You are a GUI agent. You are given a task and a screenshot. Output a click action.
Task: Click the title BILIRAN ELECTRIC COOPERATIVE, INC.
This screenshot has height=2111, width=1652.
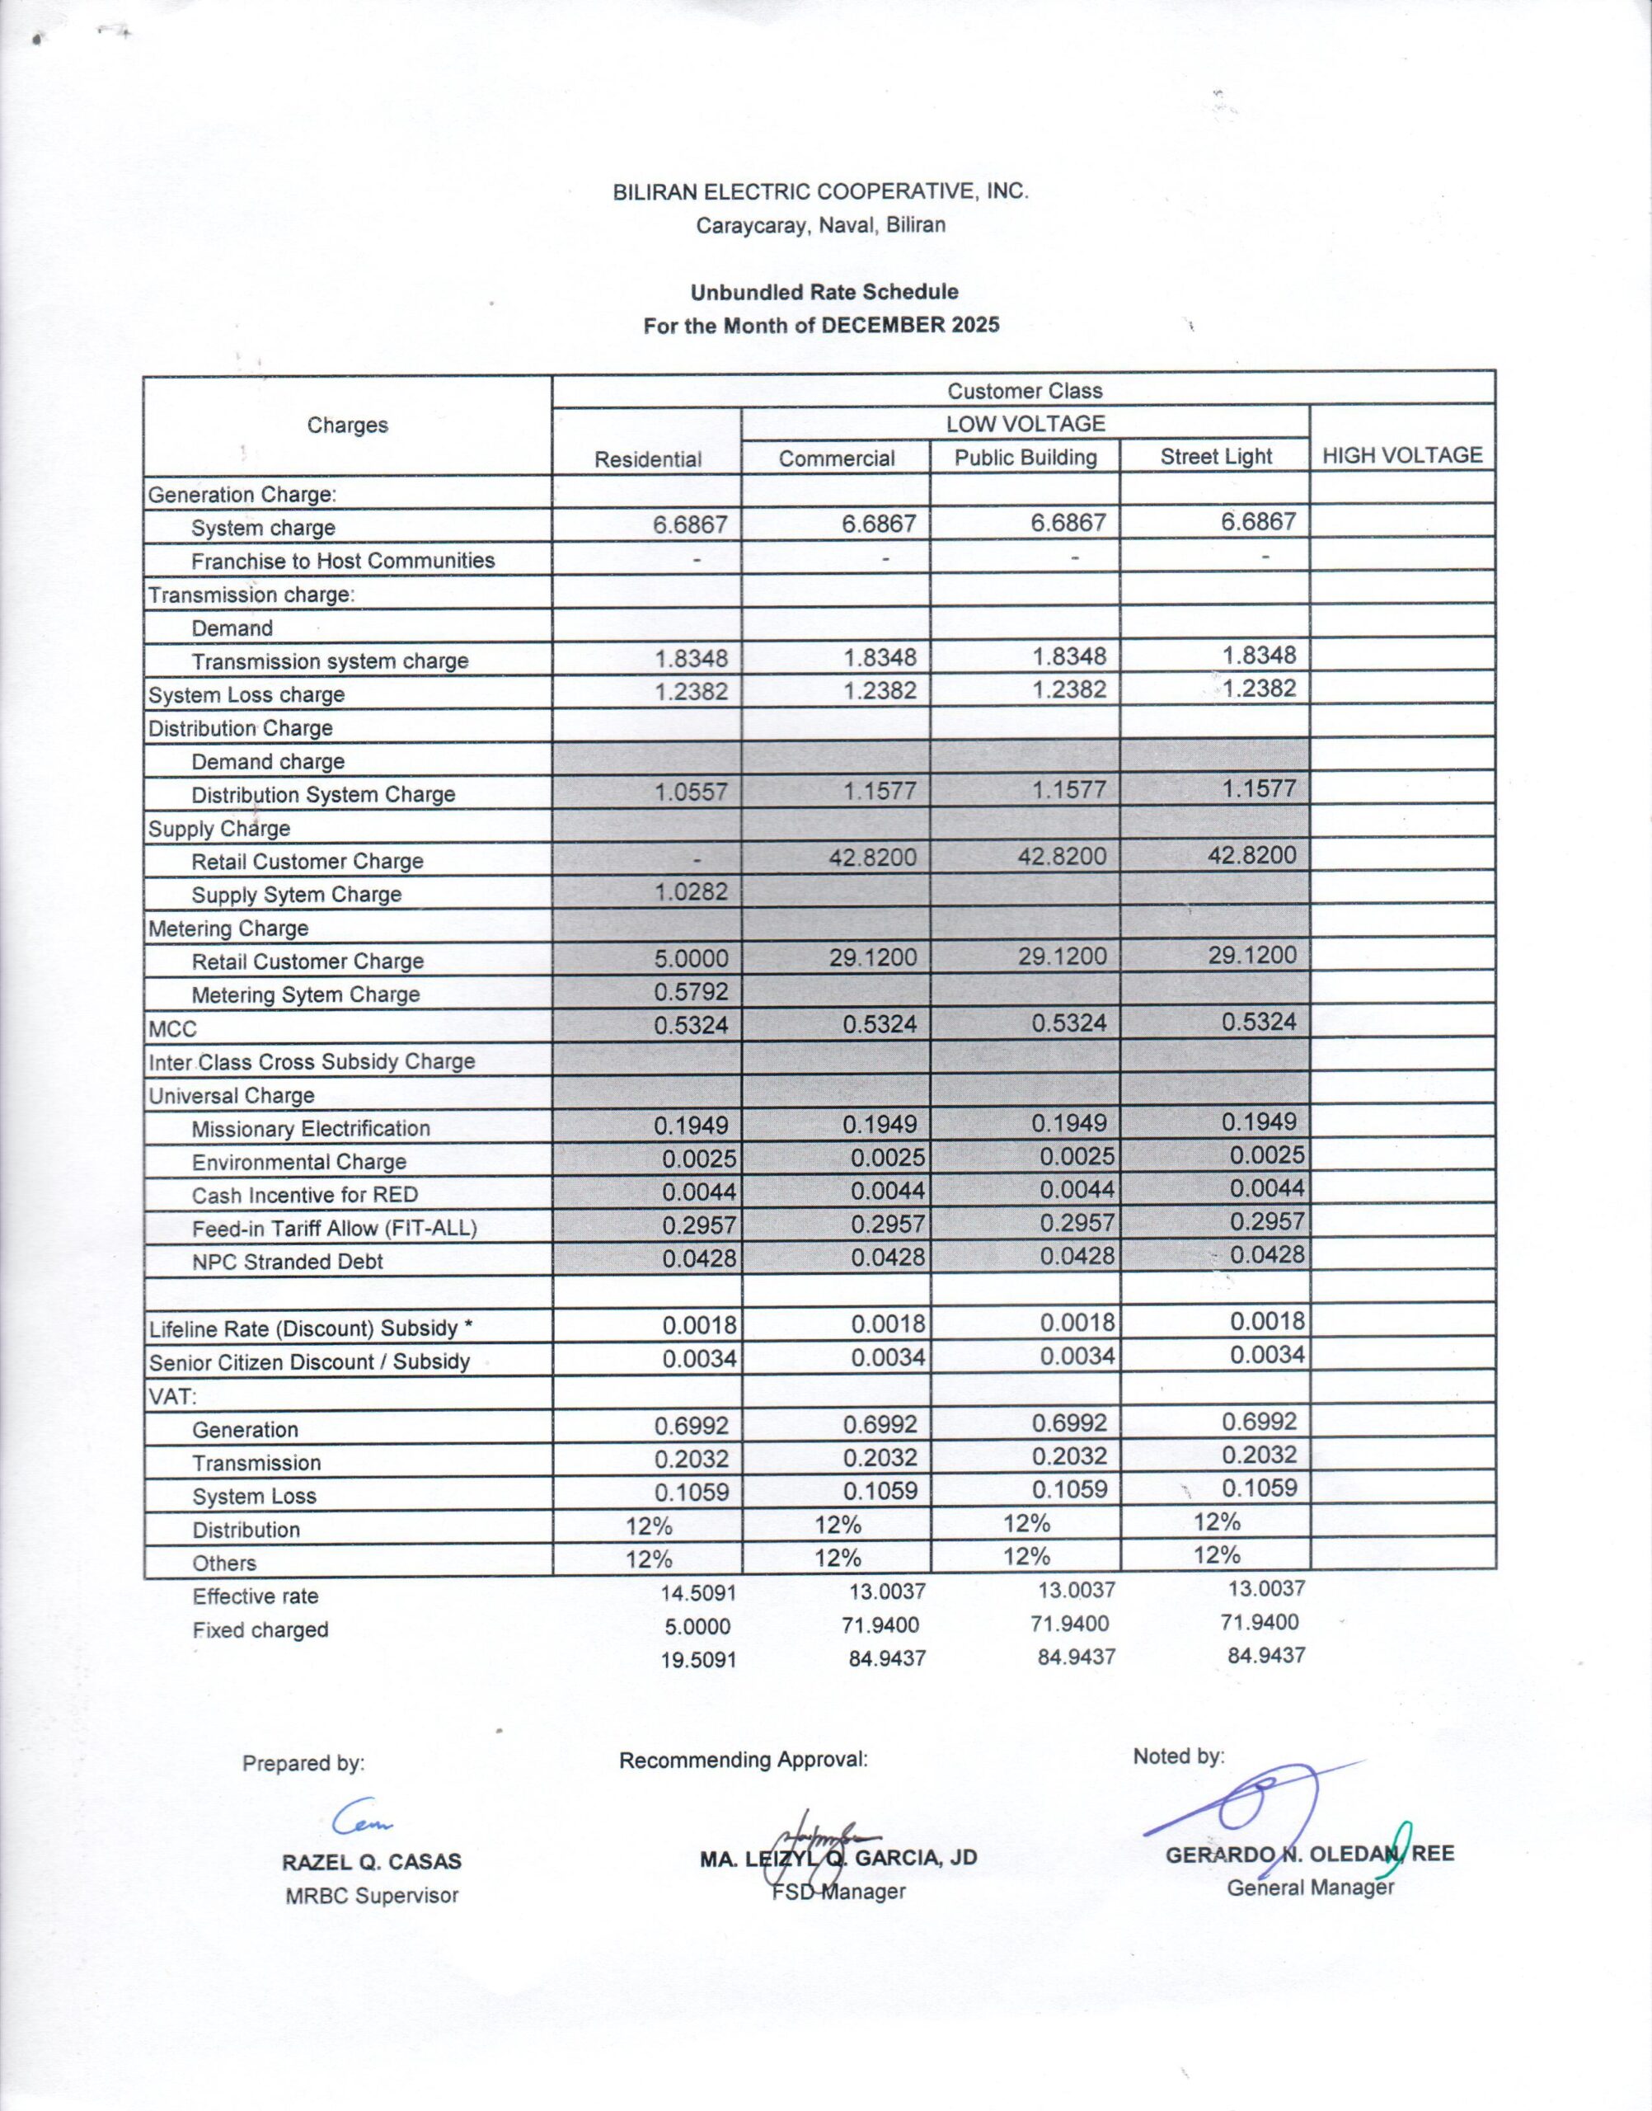(x=820, y=191)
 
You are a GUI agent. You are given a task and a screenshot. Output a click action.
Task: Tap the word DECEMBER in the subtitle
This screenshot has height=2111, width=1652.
(x=883, y=325)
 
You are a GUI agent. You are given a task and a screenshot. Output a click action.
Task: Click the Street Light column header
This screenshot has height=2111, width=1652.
(x=1216, y=457)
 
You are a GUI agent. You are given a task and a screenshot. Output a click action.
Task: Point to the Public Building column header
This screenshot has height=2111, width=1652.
(x=1025, y=458)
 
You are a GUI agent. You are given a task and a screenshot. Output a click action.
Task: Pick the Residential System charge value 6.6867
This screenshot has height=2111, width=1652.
(x=690, y=524)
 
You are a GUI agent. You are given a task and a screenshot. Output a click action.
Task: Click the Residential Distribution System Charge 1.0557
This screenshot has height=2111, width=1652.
(x=690, y=792)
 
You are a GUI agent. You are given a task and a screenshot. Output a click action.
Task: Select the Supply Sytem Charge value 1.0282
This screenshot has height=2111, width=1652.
(x=690, y=891)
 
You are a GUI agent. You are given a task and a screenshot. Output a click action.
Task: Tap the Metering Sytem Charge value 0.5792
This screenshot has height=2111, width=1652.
(x=690, y=992)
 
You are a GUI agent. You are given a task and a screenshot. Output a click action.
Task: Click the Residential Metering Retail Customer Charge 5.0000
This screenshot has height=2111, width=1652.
(x=690, y=959)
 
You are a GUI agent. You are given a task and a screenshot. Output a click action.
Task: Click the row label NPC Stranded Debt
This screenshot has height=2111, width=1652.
(x=287, y=1262)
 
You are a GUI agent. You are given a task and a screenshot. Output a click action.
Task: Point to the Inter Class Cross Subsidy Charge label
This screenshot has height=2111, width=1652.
(x=312, y=1062)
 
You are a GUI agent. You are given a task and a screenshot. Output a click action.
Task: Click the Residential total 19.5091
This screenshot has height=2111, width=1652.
(x=698, y=1660)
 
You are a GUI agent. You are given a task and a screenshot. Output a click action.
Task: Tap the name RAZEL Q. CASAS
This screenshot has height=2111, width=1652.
(x=372, y=1861)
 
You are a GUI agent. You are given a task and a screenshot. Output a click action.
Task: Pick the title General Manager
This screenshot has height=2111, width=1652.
(x=1311, y=1888)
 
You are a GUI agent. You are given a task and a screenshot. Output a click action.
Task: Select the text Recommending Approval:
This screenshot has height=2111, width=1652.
(x=743, y=1760)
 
